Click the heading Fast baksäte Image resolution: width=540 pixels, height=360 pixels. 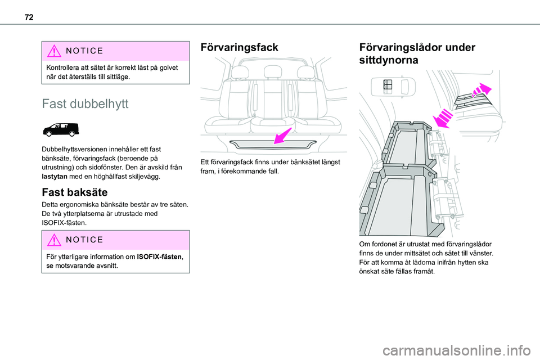tap(75, 193)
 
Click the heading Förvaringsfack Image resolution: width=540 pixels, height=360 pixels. tap(239, 48)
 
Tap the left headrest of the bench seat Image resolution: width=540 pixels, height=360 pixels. tap(240, 73)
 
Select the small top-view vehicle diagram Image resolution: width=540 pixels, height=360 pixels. tap(392, 87)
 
